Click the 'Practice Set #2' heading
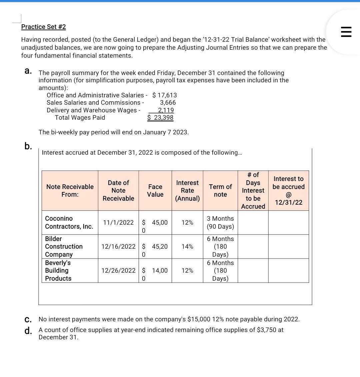(43, 27)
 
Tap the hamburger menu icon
(346, 32)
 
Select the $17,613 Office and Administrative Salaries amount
(165, 95)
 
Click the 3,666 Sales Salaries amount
(168, 103)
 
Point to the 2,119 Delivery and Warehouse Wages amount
(166, 110)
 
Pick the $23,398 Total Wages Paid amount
(160, 118)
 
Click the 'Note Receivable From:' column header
(70, 191)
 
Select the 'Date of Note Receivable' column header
(118, 191)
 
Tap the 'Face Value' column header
(155, 191)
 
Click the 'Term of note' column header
(220, 191)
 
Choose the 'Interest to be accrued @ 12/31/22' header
(288, 191)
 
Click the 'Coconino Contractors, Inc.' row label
(69, 222)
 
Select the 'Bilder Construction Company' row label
(64, 246)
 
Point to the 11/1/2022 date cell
(118, 223)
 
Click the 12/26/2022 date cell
(118, 271)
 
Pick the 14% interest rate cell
(187, 247)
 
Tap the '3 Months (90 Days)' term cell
(220, 222)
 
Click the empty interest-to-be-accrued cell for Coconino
(288, 222)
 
